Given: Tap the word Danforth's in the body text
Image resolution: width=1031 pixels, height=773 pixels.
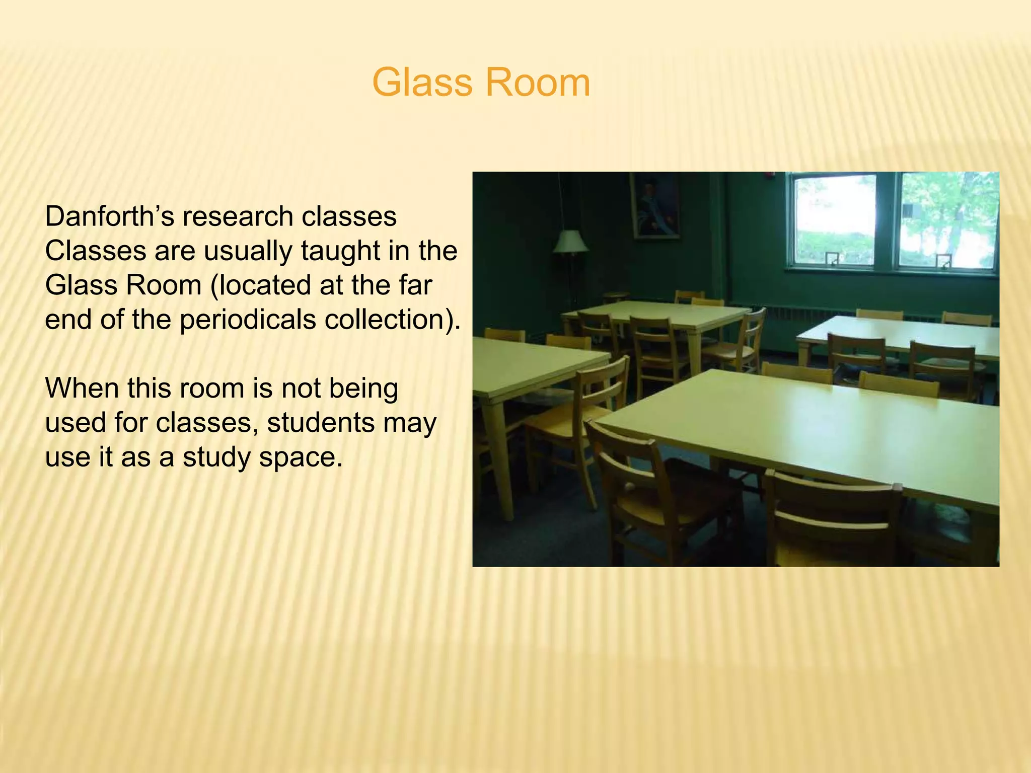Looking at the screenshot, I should [108, 217].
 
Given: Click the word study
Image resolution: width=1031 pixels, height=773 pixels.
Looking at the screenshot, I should [216, 458].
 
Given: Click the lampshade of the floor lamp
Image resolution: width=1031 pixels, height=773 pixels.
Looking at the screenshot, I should [570, 242].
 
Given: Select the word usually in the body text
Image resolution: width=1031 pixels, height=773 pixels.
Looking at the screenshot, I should [247, 251].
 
